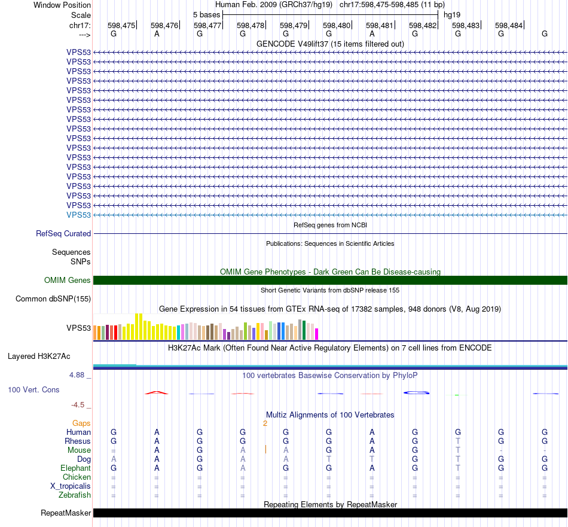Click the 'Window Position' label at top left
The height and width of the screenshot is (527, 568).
coord(62,5)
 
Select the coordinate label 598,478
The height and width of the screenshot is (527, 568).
coord(251,25)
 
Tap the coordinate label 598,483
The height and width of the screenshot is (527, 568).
coord(466,25)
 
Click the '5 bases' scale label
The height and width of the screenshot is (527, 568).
coord(206,14)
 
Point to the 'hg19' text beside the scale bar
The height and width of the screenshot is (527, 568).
coord(452,14)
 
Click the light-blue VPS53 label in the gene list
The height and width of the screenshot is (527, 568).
coord(79,215)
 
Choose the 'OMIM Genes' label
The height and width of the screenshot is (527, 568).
coord(68,280)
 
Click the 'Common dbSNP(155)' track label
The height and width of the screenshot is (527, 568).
coord(53,298)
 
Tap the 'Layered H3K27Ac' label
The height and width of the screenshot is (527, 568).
coord(39,356)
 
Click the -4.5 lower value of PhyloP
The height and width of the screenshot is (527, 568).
coord(80,405)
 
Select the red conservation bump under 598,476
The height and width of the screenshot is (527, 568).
coord(157,392)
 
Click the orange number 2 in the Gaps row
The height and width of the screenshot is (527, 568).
coord(265,423)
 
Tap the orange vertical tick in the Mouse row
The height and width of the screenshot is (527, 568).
coord(265,449)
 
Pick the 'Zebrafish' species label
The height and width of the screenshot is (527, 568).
coord(75,495)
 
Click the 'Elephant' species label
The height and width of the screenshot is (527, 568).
coord(75,468)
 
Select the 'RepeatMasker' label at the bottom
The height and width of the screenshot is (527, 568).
coord(66,513)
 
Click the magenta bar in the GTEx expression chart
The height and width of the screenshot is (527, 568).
coord(317,333)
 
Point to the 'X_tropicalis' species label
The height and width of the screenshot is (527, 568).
coord(71,486)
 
